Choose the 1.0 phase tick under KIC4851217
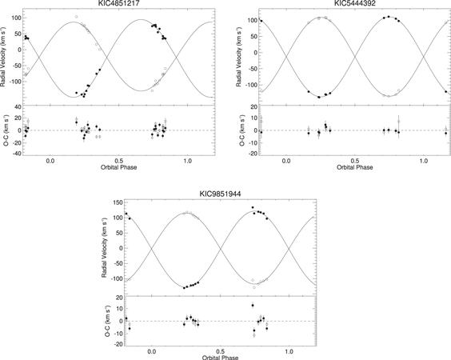[188, 161]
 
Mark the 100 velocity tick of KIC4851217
[15, 16]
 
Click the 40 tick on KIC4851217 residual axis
[18, 107]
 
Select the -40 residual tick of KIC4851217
[16, 152]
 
